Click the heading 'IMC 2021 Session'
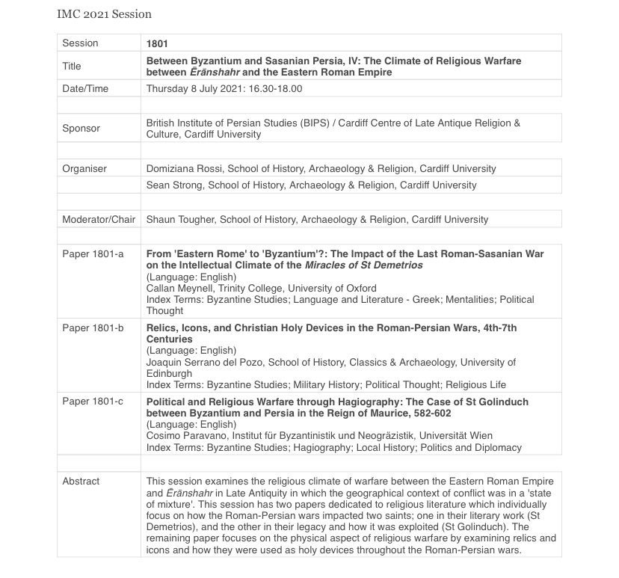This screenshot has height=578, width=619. coord(104,13)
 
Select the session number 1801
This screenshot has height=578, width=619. coord(157,43)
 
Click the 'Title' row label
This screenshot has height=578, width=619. coord(72,66)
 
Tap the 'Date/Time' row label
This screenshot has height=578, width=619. coord(85,88)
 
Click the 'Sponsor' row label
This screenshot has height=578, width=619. coord(81,129)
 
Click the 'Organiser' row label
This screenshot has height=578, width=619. coord(84,169)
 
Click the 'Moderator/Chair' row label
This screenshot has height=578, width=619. coord(99,220)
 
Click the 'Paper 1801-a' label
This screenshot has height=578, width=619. coord(93,254)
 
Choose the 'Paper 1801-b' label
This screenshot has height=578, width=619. coord(93,328)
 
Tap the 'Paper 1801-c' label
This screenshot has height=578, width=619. coord(93,402)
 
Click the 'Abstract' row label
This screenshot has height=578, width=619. coord(81,481)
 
